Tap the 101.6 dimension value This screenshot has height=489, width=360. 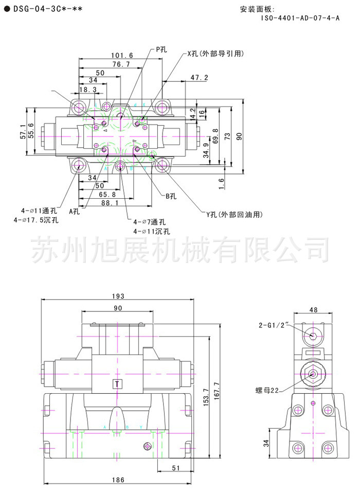[x=121, y=55]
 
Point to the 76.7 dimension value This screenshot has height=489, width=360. [x=121, y=64]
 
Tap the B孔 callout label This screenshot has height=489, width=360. [x=171, y=196]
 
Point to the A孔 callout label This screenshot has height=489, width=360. [x=75, y=211]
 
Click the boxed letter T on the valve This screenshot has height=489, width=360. [x=118, y=384]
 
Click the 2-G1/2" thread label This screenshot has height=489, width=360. [x=274, y=325]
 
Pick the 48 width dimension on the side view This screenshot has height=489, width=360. [x=313, y=309]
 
